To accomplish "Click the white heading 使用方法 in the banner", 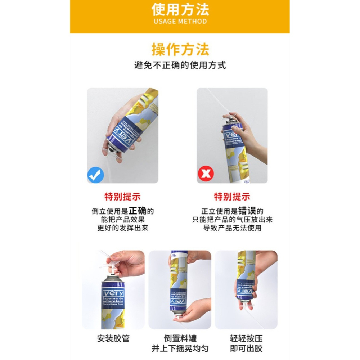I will coord(180,9).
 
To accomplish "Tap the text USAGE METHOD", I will coord(180,21).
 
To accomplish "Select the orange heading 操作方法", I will coord(180,50).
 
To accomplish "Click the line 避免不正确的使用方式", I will coord(180,66).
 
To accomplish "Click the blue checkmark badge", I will coord(96,175).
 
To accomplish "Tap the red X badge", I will coord(206,175).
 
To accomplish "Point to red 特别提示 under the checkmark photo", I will coord(122,197).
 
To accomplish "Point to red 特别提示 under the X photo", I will coord(232,197).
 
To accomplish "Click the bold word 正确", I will coord(138,211).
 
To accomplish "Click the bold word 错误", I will coord(247,211).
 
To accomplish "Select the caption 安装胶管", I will coord(113,339).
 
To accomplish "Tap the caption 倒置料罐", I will coord(180,339).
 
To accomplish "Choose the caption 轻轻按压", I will coord(246,339).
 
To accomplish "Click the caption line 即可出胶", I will coord(246,348).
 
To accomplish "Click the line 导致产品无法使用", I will coord(232,228).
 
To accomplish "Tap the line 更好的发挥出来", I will coord(122,228).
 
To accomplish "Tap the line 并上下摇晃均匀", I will coord(180,348).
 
